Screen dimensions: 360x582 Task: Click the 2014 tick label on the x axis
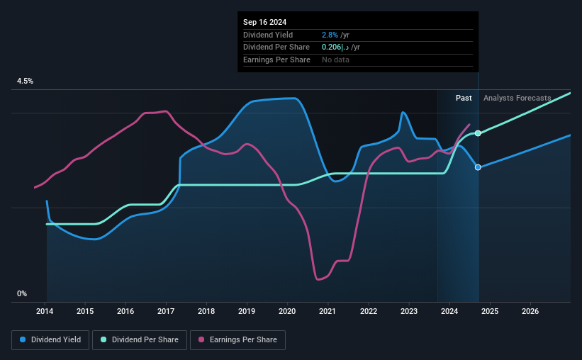45,311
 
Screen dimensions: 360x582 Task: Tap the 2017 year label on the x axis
166,311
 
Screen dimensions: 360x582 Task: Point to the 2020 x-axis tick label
287,311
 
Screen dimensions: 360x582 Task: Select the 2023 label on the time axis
408,311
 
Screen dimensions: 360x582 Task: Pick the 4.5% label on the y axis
26,81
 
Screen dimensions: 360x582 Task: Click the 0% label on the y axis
22,293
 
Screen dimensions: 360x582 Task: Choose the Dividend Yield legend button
50,340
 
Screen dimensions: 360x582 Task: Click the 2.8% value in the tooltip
330,35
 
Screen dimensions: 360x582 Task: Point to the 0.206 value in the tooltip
331,47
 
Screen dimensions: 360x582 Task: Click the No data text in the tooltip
336,60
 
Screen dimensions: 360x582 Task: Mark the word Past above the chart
464,98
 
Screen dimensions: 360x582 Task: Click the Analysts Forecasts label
517,98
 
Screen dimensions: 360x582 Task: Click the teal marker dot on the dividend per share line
479,133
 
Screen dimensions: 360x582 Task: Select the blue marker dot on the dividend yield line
479,167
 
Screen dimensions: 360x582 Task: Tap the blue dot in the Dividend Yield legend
23,340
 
